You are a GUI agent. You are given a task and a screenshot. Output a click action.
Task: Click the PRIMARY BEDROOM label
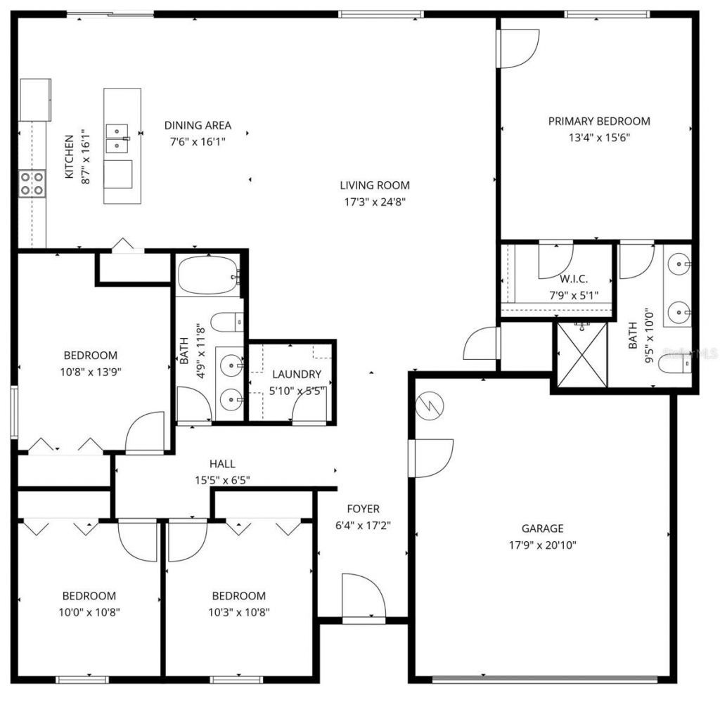tap(599, 121)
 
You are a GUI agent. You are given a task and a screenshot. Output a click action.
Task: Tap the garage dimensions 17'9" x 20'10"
tap(542, 545)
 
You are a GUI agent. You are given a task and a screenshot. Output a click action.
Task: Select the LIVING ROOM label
tap(374, 186)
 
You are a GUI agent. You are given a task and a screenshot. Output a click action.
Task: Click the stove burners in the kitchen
tap(32, 183)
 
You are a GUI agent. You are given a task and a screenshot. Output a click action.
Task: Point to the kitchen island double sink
tap(117, 138)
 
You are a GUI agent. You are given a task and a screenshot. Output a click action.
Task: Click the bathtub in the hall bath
tap(209, 277)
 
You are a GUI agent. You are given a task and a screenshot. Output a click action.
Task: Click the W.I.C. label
tap(574, 279)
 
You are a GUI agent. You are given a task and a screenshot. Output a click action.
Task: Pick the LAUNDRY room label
tap(296, 375)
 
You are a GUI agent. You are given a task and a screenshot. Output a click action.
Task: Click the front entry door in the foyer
tap(364, 597)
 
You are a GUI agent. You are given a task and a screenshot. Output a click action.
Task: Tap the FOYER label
tap(363, 509)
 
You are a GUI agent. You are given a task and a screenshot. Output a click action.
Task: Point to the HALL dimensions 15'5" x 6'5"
tap(222, 481)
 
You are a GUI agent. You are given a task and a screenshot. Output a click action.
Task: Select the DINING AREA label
tap(198, 126)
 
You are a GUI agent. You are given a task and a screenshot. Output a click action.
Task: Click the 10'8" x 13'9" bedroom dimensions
tap(90, 372)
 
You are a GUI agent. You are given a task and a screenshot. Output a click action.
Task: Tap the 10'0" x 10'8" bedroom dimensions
tap(89, 612)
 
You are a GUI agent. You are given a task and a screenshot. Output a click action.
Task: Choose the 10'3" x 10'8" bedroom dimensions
tap(238, 612)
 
